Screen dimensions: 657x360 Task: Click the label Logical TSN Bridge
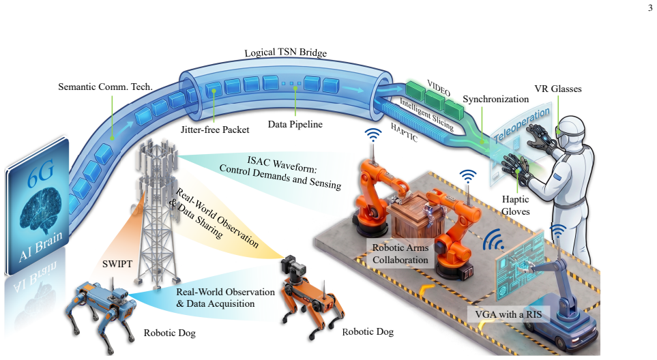click(285, 52)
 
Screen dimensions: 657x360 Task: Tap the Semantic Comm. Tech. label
click(105, 87)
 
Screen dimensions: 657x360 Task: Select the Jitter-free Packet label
click(215, 130)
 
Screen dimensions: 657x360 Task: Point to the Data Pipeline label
click(295, 124)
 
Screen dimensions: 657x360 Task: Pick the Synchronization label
click(496, 100)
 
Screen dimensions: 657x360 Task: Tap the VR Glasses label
click(557, 89)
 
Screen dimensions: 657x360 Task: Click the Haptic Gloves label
click(515, 205)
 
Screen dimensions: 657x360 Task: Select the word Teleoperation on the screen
click(522, 125)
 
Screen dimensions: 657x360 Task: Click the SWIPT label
click(117, 264)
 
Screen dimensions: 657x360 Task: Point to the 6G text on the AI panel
click(41, 174)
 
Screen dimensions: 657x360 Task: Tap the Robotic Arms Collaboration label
click(400, 254)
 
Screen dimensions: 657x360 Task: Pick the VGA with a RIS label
click(508, 314)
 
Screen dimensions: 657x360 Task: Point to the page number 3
click(650, 7)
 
